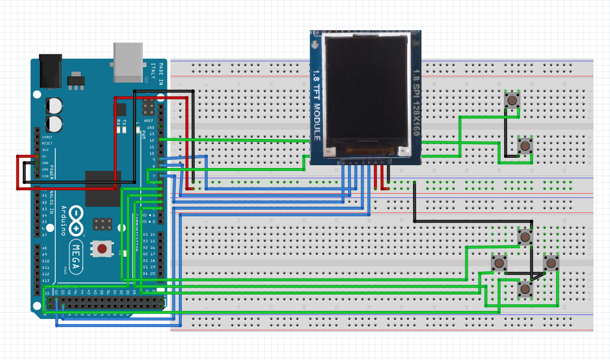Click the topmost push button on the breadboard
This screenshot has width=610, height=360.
click(513, 100)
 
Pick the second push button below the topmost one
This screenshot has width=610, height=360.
click(524, 146)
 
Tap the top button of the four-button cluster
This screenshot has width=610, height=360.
click(524, 236)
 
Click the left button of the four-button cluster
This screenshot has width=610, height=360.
click(500, 263)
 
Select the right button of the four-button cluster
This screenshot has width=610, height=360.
click(551, 263)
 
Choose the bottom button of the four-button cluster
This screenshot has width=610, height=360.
click(524, 289)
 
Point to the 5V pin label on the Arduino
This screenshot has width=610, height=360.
click(44, 156)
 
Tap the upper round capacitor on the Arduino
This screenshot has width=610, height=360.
click(55, 105)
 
